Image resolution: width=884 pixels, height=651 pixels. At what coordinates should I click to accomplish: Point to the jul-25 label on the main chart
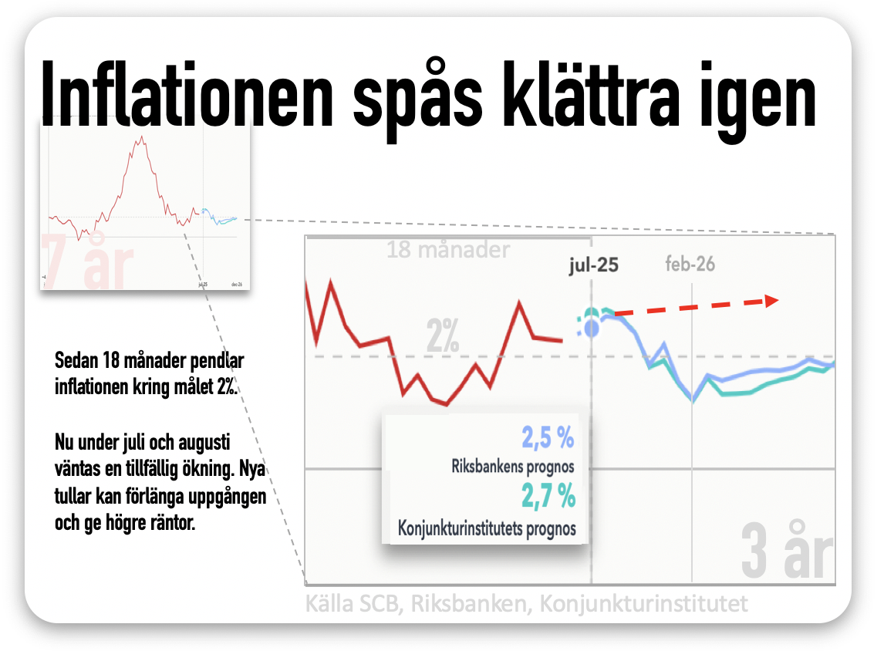click(x=593, y=265)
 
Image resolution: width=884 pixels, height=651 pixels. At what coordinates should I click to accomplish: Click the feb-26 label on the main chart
click(x=690, y=265)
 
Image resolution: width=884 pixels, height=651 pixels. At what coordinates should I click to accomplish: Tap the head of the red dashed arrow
click(x=772, y=301)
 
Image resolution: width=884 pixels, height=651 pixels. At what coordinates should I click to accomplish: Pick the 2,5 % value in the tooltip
click(x=548, y=439)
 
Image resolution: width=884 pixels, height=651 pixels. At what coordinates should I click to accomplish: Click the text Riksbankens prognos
click(x=513, y=467)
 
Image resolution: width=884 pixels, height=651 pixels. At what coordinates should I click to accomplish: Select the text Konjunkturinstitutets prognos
click(x=487, y=529)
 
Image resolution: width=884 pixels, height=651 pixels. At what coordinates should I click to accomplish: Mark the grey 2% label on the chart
click(x=443, y=337)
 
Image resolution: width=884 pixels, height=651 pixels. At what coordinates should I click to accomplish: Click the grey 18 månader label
click(x=447, y=250)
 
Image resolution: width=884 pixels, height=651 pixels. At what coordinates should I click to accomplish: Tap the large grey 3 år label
click(x=787, y=551)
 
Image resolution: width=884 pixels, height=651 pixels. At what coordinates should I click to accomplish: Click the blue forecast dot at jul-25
click(x=592, y=329)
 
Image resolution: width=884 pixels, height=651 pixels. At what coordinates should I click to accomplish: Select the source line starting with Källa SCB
click(x=526, y=603)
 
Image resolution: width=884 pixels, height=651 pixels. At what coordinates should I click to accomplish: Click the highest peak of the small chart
click(x=142, y=137)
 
